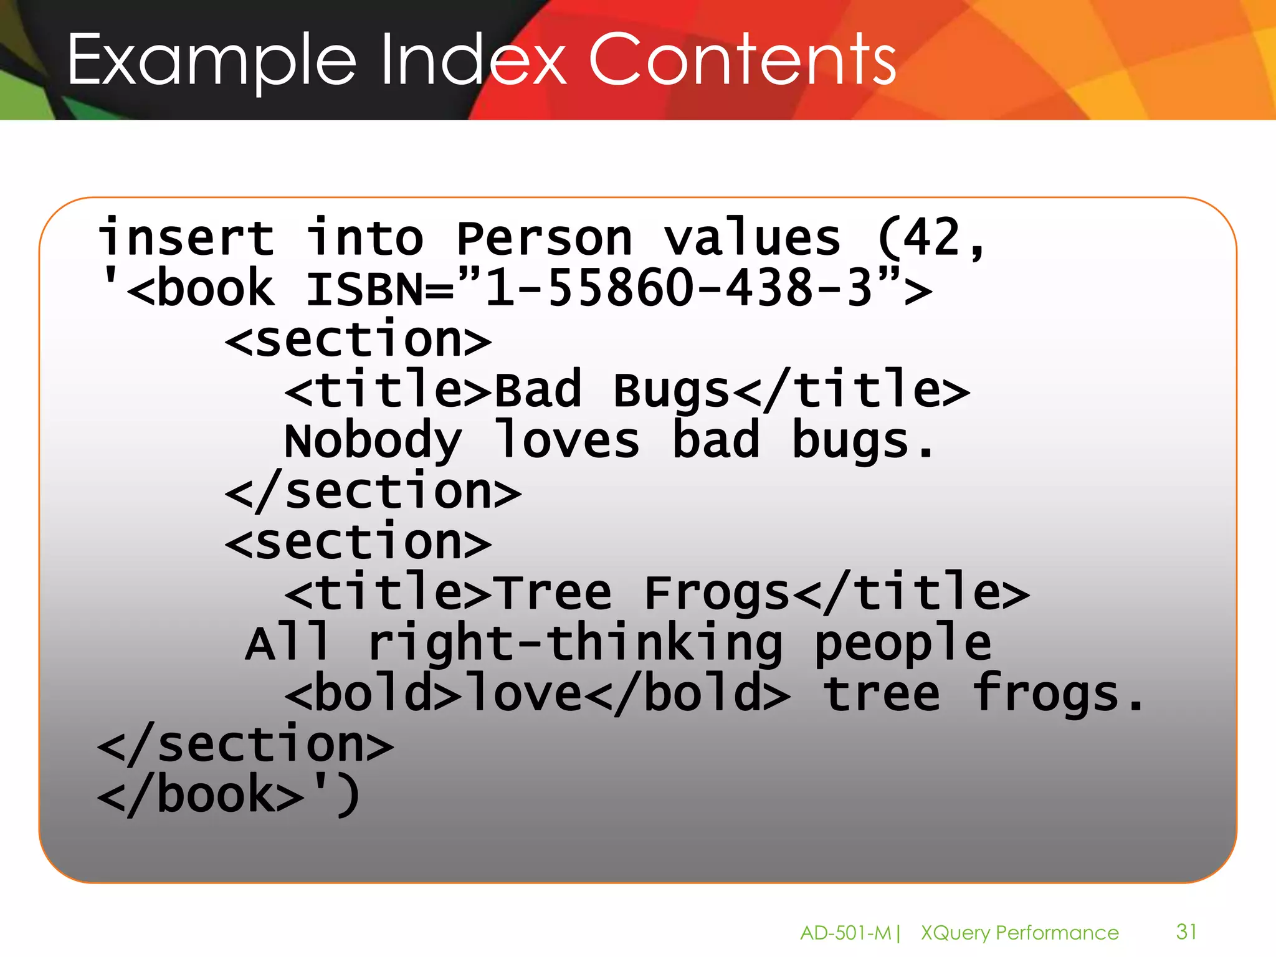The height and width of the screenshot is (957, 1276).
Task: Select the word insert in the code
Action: pyautogui.click(x=186, y=238)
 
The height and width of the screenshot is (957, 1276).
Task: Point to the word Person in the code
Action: pyautogui.click(x=544, y=238)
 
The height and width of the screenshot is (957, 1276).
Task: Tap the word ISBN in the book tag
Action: pyautogui.click(x=365, y=290)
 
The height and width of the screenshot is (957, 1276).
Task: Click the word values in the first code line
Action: pyautogui.click(x=752, y=238)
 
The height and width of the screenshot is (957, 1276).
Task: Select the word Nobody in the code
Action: pyautogui.click(x=373, y=441)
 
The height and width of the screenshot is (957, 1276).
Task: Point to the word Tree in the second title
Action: pyautogui.click(x=555, y=593)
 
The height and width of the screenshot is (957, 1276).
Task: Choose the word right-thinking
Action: pyautogui.click(x=574, y=644)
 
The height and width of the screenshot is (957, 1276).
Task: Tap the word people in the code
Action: pyautogui.click(x=902, y=644)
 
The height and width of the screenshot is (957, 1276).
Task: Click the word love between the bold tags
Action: pyautogui.click(x=525, y=694)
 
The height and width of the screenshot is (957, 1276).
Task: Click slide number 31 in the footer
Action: pyautogui.click(x=1186, y=931)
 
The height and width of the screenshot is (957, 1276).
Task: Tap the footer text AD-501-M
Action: pyautogui.click(x=845, y=933)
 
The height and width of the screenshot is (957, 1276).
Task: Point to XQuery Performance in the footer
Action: pyautogui.click(x=1019, y=933)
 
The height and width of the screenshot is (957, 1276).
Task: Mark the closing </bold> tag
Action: pyautogui.click(x=688, y=694)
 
